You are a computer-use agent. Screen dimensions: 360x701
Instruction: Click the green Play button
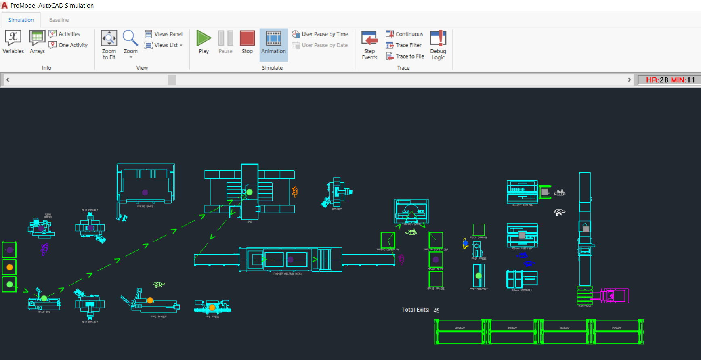point(204,42)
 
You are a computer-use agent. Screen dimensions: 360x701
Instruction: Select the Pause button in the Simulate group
point(225,42)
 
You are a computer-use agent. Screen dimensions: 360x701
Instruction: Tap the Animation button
point(273,42)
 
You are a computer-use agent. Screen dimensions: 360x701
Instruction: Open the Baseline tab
point(59,20)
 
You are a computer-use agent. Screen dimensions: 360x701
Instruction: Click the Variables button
point(13,42)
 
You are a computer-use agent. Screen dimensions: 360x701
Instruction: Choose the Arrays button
point(37,42)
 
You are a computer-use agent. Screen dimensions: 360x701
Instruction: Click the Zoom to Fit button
point(109,44)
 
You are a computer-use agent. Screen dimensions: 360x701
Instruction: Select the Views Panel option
point(164,34)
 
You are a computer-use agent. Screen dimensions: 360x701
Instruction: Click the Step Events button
point(369,44)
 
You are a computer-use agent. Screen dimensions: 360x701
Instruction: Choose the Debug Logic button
point(438,44)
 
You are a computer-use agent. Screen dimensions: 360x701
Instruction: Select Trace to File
point(405,57)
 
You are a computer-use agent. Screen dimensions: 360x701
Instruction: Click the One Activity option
point(68,45)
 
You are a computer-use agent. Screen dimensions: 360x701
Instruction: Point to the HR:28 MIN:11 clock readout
point(670,80)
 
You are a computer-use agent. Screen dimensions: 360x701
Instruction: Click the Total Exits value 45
point(437,310)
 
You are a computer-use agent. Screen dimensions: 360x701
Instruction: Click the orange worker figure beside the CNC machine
point(295,192)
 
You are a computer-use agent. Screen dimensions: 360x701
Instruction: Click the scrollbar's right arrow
point(629,80)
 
